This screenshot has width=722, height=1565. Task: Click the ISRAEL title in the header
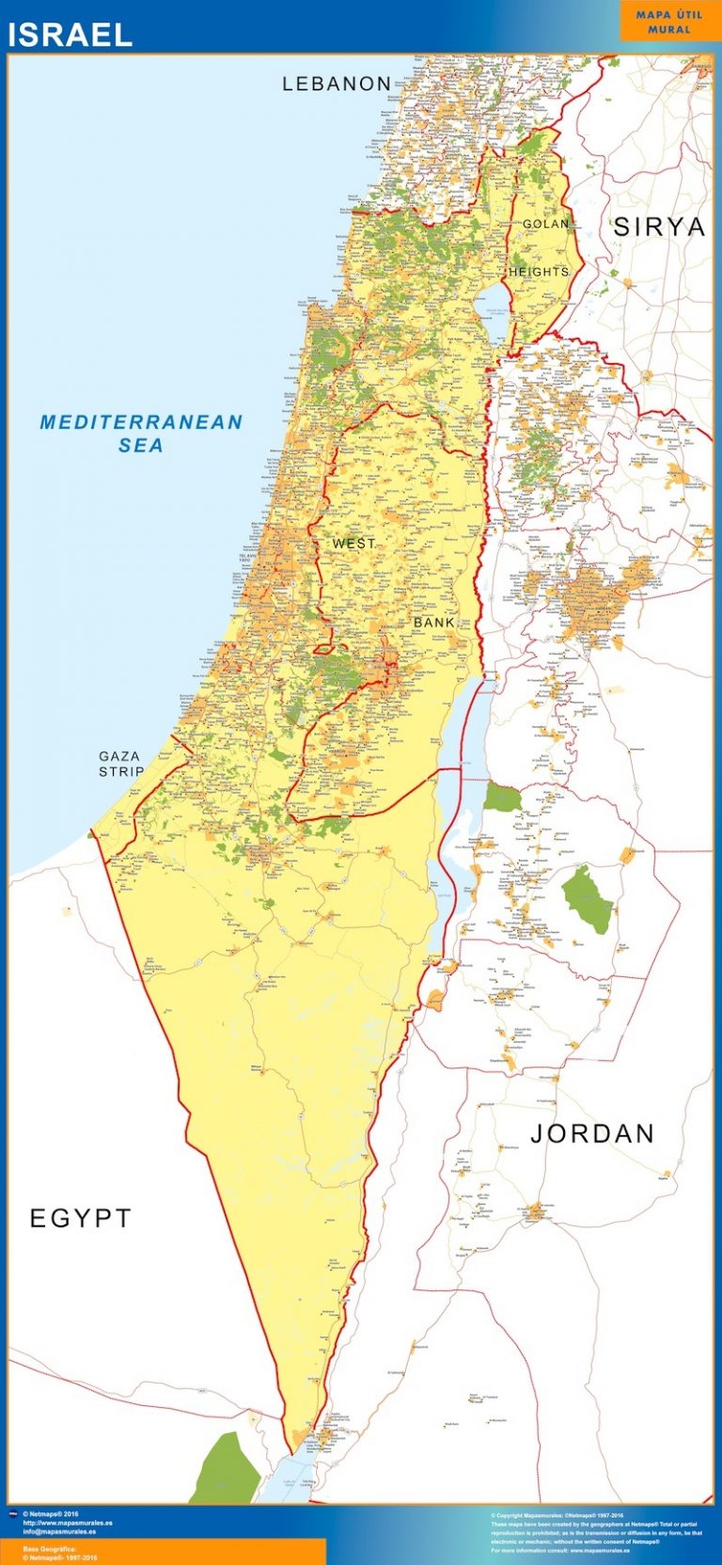71,35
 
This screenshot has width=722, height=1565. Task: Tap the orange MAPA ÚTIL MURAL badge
668,22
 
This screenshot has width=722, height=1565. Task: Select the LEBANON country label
337,84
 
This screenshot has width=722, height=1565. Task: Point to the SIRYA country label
659,227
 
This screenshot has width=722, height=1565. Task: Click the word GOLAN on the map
545,224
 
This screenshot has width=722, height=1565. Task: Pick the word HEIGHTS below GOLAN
539,272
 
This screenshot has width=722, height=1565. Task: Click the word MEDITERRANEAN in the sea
141,422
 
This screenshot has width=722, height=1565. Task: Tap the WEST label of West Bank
353,544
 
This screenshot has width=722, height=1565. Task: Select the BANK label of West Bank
434,623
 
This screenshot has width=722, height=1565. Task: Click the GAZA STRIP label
121,764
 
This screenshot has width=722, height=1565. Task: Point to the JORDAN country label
592,1133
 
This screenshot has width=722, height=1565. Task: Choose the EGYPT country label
81,1218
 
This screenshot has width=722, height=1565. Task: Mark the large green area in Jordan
588,900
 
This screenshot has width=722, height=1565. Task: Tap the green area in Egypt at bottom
226,1472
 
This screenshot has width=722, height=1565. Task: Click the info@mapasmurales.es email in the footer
59,1531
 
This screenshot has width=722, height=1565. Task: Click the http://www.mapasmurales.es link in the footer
67,1523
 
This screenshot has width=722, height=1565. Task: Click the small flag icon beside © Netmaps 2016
13,1515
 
